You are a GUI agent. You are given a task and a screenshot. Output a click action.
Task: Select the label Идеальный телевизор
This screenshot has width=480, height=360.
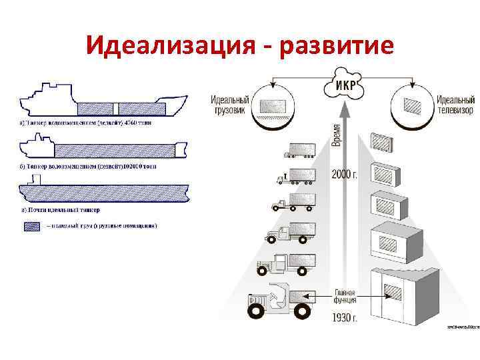(x=455, y=104)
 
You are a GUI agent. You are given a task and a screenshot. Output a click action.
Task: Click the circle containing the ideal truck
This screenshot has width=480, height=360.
(x=275, y=105)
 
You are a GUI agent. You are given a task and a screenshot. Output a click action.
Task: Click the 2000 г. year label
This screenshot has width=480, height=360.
(x=345, y=175)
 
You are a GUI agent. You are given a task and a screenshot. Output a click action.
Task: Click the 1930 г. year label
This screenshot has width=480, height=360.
(x=345, y=319)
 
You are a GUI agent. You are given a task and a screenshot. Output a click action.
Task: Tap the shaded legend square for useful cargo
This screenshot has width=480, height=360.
(x=31, y=226)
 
